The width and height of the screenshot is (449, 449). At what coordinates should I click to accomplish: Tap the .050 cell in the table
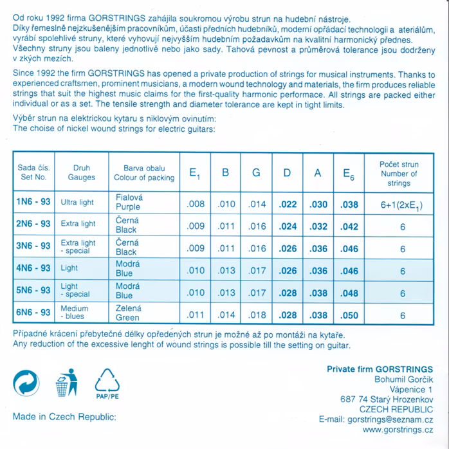click(x=349, y=316)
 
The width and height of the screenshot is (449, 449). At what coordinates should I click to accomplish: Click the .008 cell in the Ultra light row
click(x=195, y=205)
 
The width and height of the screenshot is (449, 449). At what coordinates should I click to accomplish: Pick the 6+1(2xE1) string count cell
click(x=402, y=205)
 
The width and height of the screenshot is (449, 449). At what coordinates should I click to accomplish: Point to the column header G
click(x=256, y=172)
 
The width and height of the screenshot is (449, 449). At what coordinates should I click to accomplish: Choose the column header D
click(x=287, y=172)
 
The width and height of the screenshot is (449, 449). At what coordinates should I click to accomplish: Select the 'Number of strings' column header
click(x=399, y=174)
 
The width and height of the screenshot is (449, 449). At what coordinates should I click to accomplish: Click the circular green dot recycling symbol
click(x=26, y=383)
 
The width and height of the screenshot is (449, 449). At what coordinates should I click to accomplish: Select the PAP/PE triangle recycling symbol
click(x=107, y=385)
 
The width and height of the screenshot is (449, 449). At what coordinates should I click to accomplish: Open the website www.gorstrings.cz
click(x=397, y=430)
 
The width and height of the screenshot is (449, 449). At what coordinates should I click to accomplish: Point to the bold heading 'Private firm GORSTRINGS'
click(x=380, y=369)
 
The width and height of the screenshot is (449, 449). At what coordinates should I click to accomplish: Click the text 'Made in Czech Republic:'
click(x=64, y=417)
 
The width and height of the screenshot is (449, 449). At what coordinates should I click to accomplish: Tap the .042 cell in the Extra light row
click(x=349, y=226)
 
